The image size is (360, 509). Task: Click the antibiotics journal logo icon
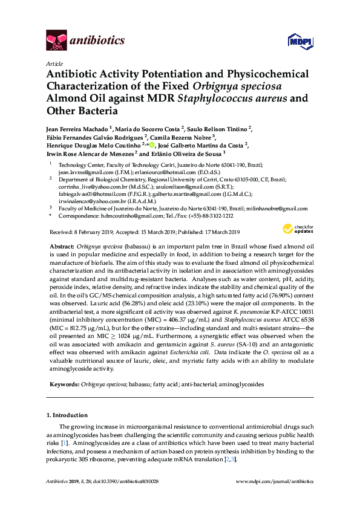tap(56, 41)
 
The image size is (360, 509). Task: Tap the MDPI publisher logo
tap(296, 41)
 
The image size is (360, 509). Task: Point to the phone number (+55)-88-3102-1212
tap(206, 215)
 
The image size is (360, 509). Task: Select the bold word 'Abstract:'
tap(61, 248)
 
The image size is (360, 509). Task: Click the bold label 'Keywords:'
tap(63, 383)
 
